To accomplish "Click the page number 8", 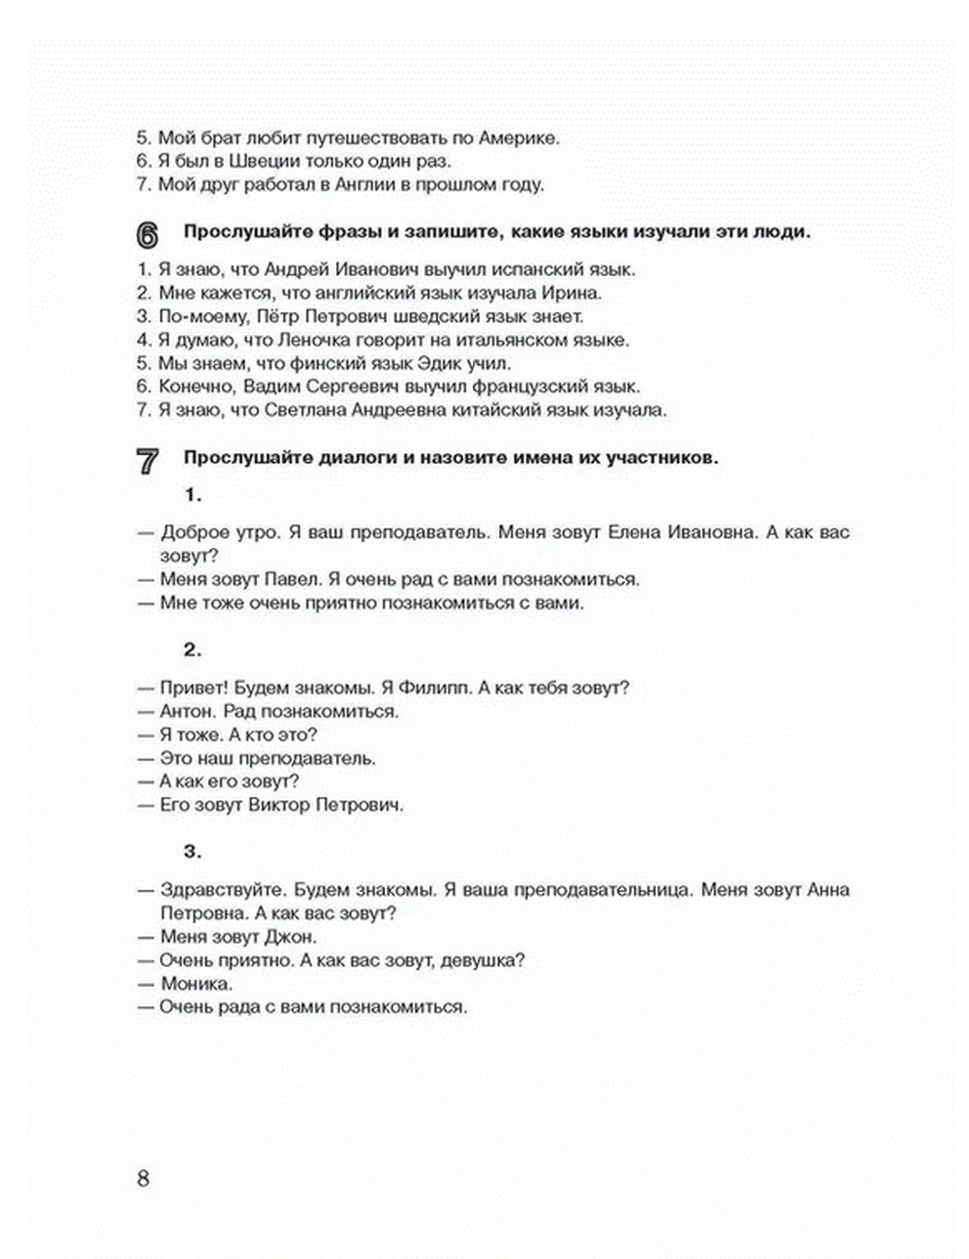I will click(x=143, y=1179).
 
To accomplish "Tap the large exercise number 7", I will click(x=146, y=461).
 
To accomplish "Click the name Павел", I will click(x=290, y=579).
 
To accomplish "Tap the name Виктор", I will click(x=280, y=805).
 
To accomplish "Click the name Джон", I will click(x=290, y=937).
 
